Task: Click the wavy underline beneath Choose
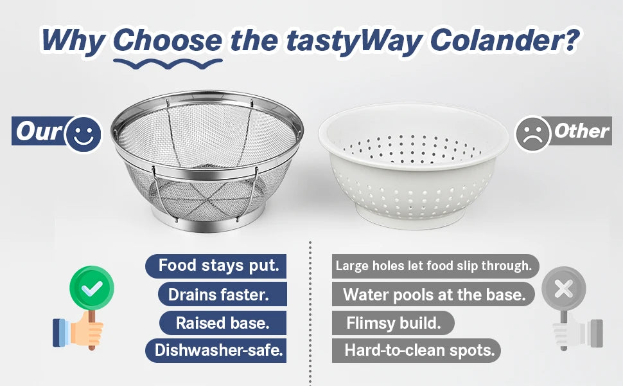(x=168, y=64)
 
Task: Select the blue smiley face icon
(x=83, y=134)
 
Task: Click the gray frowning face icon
(x=533, y=134)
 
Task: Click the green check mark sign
(x=92, y=288)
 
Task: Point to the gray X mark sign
(x=564, y=288)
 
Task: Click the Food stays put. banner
(x=216, y=266)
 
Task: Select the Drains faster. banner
(x=222, y=294)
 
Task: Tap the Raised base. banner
(x=223, y=323)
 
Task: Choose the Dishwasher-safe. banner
(x=216, y=351)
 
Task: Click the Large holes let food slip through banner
(x=435, y=266)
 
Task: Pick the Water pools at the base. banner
(x=434, y=294)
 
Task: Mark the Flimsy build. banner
(x=393, y=323)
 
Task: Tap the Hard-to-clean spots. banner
(x=416, y=351)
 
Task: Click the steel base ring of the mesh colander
(x=207, y=223)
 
